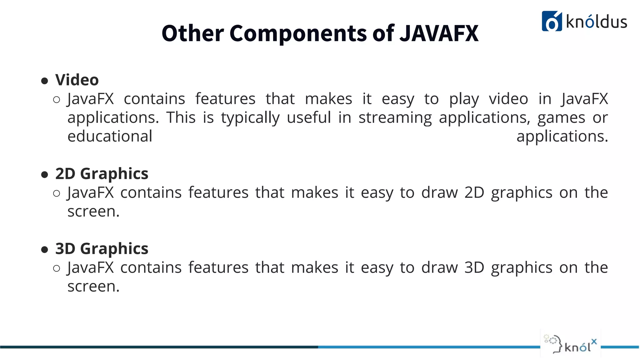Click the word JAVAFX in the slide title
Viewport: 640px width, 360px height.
[439, 33]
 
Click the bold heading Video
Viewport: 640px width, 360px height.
[77, 80]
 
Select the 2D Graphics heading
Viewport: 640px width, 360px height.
[102, 174]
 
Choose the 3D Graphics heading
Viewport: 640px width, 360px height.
[102, 249]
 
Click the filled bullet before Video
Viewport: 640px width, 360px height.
[45, 81]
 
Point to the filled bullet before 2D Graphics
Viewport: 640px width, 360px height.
[45, 175]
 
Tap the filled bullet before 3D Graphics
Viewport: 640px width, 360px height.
[45, 250]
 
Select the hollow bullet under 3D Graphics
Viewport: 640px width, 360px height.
[57, 268]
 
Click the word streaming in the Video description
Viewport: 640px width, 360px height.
[395, 118]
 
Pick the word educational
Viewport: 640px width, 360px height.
[110, 137]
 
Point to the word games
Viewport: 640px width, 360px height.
[561, 118]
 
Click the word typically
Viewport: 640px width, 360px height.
[250, 118]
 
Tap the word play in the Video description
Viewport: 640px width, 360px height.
[464, 99]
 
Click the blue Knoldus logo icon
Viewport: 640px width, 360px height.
[552, 21]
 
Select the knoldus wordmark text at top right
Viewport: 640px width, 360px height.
[597, 22]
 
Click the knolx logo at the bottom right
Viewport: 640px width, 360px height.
[571, 344]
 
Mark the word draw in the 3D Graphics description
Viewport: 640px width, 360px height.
[439, 268]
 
